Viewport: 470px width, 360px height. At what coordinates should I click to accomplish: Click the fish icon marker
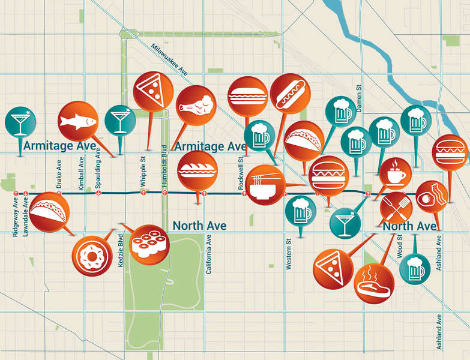(78, 121)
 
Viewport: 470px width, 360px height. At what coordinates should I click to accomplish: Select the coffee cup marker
(396, 174)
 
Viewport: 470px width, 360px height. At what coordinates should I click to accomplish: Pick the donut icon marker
(92, 256)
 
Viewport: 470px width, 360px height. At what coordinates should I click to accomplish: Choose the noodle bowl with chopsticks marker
(265, 185)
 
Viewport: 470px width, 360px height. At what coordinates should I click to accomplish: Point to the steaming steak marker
(374, 284)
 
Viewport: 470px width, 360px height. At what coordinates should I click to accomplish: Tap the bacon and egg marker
(432, 197)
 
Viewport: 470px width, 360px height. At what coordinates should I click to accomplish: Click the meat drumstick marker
(196, 106)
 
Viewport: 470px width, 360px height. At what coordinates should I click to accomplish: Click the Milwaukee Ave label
(170, 59)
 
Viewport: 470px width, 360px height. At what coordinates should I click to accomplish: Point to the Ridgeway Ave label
(16, 217)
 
